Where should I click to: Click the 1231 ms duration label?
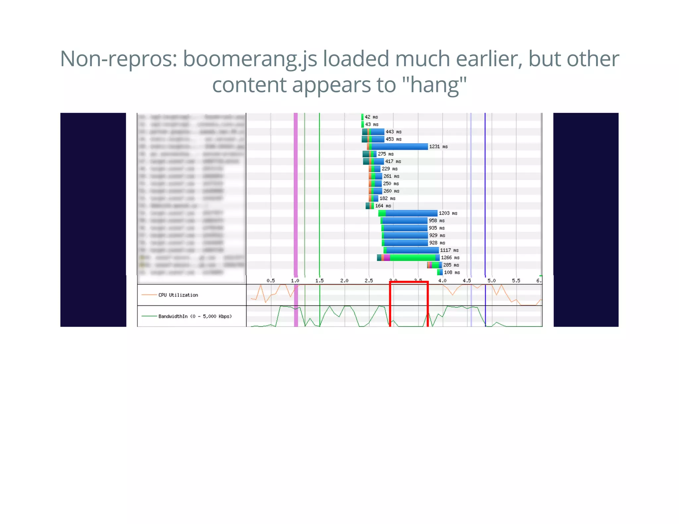tap(438, 146)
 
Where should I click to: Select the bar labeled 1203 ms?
tap(408, 213)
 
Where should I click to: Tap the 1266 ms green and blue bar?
tap(408, 258)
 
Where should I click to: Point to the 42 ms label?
tap(371, 117)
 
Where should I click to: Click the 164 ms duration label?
tap(383, 206)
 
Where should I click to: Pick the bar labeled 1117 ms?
tap(411, 250)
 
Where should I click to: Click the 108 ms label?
tap(452, 272)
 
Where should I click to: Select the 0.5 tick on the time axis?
tap(271, 281)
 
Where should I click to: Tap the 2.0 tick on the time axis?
tap(344, 281)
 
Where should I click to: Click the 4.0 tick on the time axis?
tap(442, 281)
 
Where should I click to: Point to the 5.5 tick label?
tap(516, 281)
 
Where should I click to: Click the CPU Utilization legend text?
tap(178, 295)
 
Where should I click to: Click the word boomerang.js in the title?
tap(250, 59)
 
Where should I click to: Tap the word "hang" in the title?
tap(434, 85)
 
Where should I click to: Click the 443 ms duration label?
tap(393, 132)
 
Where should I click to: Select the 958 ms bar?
tap(404, 221)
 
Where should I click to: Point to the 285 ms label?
tap(451, 265)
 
